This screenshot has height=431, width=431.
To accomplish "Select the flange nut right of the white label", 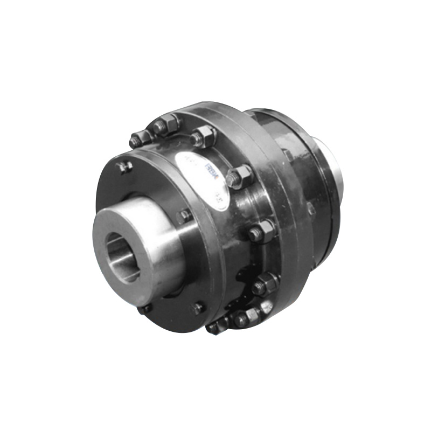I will [239, 176].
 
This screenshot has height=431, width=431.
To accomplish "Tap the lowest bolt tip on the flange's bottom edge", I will [214, 326].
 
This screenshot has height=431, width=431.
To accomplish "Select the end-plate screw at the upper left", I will [126, 167].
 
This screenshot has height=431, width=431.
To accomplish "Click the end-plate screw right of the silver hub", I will [184, 215].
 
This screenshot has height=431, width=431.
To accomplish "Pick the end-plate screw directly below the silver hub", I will [144, 309].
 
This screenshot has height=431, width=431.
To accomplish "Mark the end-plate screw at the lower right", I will [198, 308].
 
